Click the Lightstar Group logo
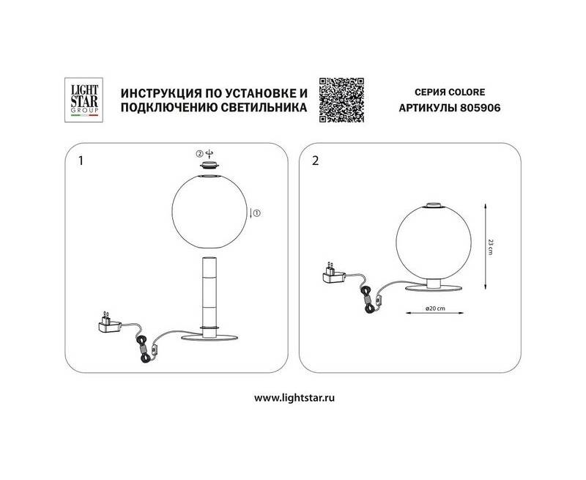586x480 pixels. [x=84, y=100]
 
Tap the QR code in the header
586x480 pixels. [x=341, y=100]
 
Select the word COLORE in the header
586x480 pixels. [x=467, y=92]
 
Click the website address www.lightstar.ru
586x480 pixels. [x=294, y=398]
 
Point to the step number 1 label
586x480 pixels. [x=81, y=160]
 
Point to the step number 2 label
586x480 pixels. [x=316, y=160]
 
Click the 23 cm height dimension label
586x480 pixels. [x=490, y=246]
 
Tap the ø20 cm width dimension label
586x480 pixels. [x=435, y=309]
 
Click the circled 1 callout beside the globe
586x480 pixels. [x=257, y=213]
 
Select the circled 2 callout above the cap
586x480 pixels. [x=200, y=153]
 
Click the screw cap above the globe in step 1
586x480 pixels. [x=209, y=165]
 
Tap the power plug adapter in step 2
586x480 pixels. [x=334, y=273]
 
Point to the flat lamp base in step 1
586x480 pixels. [x=209, y=337]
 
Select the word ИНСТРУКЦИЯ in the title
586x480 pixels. [x=157, y=92]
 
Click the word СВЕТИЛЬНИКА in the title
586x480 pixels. [x=264, y=108]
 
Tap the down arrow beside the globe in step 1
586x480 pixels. [x=251, y=213]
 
